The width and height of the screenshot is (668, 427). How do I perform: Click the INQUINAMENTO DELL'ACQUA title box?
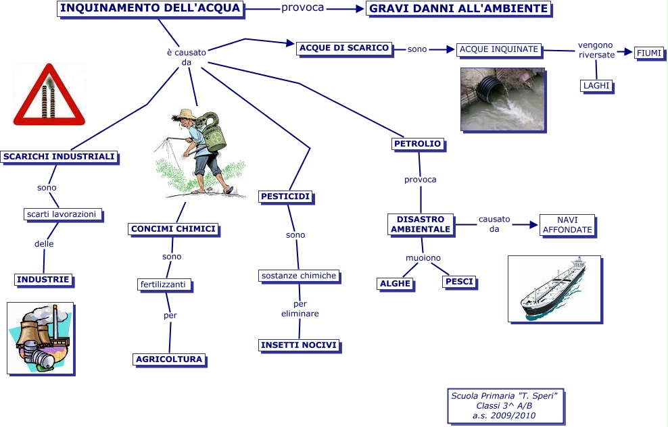tap(149, 8)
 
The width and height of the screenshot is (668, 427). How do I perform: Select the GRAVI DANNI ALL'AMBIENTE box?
tap(459, 9)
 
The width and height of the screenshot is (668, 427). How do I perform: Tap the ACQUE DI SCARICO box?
tap(344, 48)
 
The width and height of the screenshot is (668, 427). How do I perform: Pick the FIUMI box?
tap(649, 53)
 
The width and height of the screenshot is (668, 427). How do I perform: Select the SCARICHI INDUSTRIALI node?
tap(59, 157)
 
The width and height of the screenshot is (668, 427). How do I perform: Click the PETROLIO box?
tap(417, 143)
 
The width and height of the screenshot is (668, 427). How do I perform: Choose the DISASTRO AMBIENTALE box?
tap(421, 224)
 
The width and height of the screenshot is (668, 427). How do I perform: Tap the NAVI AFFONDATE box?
tap(567, 225)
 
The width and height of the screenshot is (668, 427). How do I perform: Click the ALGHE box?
tap(395, 284)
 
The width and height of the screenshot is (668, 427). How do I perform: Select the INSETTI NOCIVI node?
tap(299, 345)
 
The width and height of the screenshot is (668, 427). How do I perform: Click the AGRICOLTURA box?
tap(169, 359)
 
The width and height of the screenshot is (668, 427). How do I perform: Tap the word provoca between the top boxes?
tap(302, 8)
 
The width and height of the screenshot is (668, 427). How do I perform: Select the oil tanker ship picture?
tap(554, 288)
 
